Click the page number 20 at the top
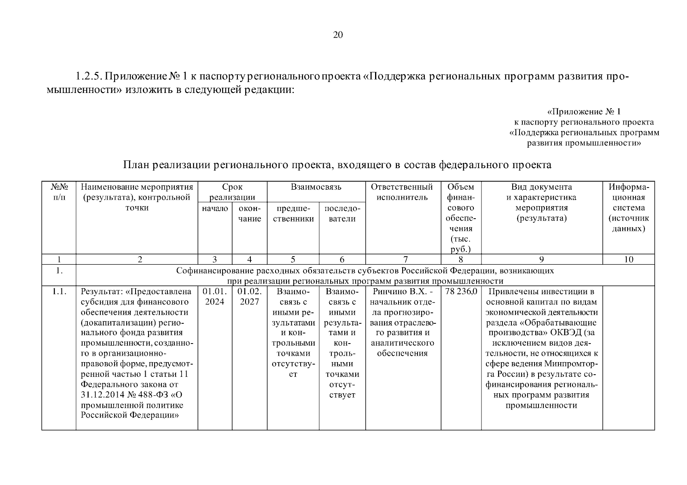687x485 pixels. point(338,35)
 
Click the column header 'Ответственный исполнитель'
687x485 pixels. point(402,192)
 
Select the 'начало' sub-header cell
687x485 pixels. point(214,209)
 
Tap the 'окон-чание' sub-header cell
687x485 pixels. point(250,214)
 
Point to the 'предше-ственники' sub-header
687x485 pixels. point(293,214)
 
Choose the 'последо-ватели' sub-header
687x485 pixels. point(342,214)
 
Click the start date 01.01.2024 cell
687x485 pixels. point(214,297)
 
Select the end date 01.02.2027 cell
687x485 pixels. point(250,297)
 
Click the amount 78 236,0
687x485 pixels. point(461,292)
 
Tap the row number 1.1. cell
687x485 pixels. point(59,292)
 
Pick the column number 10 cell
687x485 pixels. point(628,259)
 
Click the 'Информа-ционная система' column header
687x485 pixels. point(628,208)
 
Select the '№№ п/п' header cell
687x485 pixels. point(59,192)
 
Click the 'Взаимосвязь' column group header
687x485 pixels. point(316,187)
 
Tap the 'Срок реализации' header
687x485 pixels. point(232,192)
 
